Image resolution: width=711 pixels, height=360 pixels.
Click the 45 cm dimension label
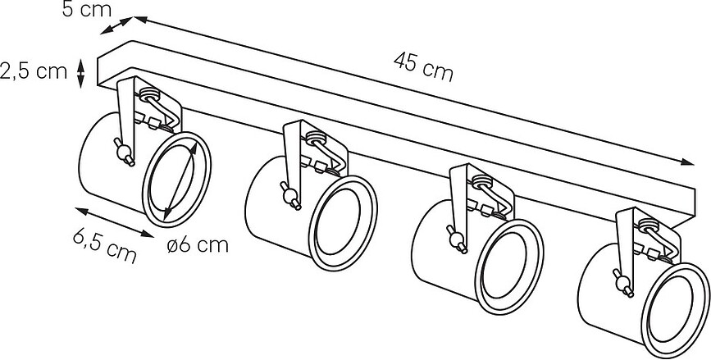[x=423, y=67]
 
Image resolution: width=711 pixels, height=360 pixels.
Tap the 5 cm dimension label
[x=87, y=9]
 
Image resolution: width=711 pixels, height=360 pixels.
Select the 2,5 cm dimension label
[x=34, y=71]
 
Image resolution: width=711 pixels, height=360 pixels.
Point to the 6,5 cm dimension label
[x=105, y=247]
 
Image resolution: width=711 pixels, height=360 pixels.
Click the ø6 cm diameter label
[x=198, y=245]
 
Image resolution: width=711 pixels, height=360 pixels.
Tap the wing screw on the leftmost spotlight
[x=124, y=152]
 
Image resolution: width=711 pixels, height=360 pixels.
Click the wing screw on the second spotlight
[x=290, y=196]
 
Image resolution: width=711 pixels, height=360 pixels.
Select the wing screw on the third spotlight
[x=457, y=239]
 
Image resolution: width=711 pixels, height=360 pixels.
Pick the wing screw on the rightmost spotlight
[x=623, y=283]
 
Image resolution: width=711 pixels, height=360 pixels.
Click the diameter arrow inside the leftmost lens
[x=180, y=180]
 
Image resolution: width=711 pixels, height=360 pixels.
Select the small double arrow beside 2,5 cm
[x=80, y=73]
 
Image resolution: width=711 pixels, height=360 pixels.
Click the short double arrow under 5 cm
[x=116, y=25]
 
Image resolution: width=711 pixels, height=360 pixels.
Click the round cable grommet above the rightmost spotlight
[x=649, y=225]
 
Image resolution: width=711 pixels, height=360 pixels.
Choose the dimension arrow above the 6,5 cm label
[x=115, y=222]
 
